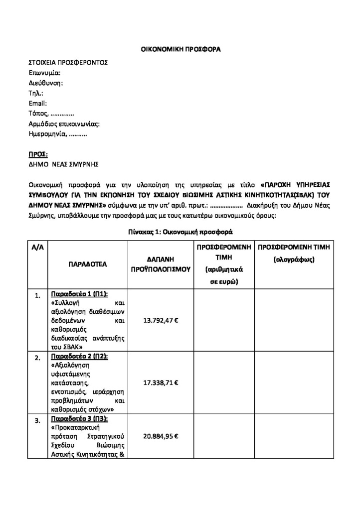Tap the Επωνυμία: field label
(x=44, y=73)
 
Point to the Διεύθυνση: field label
(x=46, y=83)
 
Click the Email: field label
(x=38, y=103)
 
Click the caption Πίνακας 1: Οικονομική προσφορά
(x=180, y=232)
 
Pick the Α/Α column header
(x=38, y=248)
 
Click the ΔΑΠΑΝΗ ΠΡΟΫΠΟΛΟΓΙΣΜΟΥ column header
(x=161, y=264)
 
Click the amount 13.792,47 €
(x=161, y=320)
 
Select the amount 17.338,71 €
(x=161, y=382)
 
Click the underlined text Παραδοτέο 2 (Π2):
(x=80, y=357)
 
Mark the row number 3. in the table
(x=38, y=421)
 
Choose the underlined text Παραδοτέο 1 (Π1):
(x=80, y=293)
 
